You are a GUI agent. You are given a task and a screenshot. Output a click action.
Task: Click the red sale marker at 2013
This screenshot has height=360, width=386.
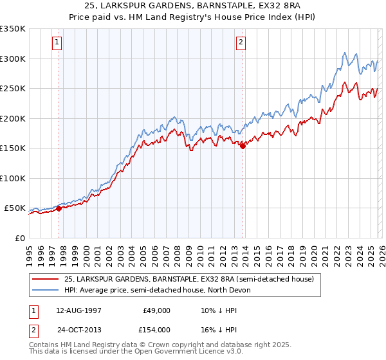tap(243, 147)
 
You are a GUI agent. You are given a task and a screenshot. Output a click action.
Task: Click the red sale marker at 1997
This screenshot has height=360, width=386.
tap(59, 208)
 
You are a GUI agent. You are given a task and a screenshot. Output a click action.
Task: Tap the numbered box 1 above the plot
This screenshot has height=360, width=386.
tap(57, 43)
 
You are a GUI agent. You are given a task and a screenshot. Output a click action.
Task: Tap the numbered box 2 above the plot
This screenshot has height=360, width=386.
tap(241, 43)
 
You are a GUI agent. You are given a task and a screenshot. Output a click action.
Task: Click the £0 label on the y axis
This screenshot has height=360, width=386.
tap(19, 238)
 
